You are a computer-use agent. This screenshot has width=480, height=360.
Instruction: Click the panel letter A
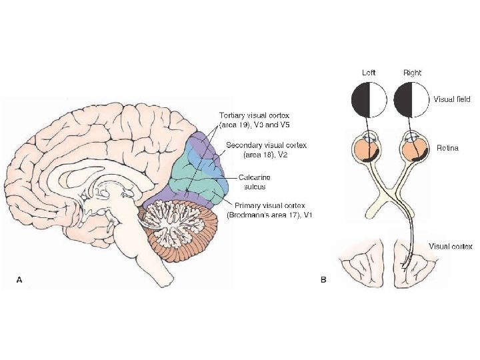coord(19,281)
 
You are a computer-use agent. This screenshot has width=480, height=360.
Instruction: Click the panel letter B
coord(323,281)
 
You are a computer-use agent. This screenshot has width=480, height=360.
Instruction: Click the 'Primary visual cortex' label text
coord(265,205)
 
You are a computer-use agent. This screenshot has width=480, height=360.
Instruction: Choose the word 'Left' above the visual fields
coord(369,72)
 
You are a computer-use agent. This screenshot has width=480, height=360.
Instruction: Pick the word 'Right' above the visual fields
coord(412,72)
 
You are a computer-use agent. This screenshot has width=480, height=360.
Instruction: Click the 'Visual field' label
coord(452,99)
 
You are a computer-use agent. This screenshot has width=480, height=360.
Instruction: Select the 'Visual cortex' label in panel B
coord(450,247)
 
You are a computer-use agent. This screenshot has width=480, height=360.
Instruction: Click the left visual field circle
coord(369,99)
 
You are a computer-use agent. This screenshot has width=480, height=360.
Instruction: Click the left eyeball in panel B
coord(369,149)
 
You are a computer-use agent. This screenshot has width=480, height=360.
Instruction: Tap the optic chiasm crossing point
coord(391,193)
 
